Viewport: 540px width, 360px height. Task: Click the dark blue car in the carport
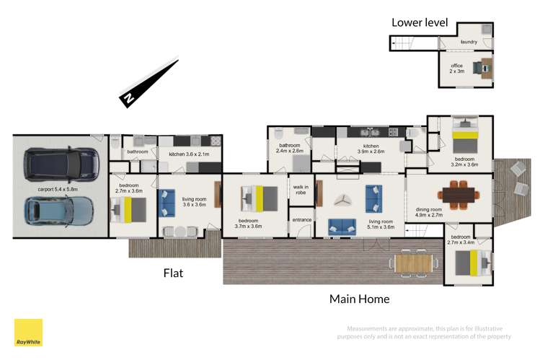tap(61, 164)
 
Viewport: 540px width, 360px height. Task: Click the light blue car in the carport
tap(60, 211)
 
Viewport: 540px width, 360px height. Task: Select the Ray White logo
tap(28, 333)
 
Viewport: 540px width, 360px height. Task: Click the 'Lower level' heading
tap(415, 22)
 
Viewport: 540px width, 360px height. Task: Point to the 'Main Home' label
tap(359, 299)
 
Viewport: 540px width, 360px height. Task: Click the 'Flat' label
tap(173, 273)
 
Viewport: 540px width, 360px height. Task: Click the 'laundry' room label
tap(469, 42)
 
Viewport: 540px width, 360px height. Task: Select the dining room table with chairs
tap(459, 193)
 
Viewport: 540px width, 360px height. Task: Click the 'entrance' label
tap(301, 219)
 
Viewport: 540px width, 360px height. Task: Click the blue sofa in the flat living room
tap(167, 203)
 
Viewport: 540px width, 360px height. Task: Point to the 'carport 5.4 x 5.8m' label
tap(58, 189)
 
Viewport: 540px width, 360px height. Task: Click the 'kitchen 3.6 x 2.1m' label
tap(188, 154)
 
